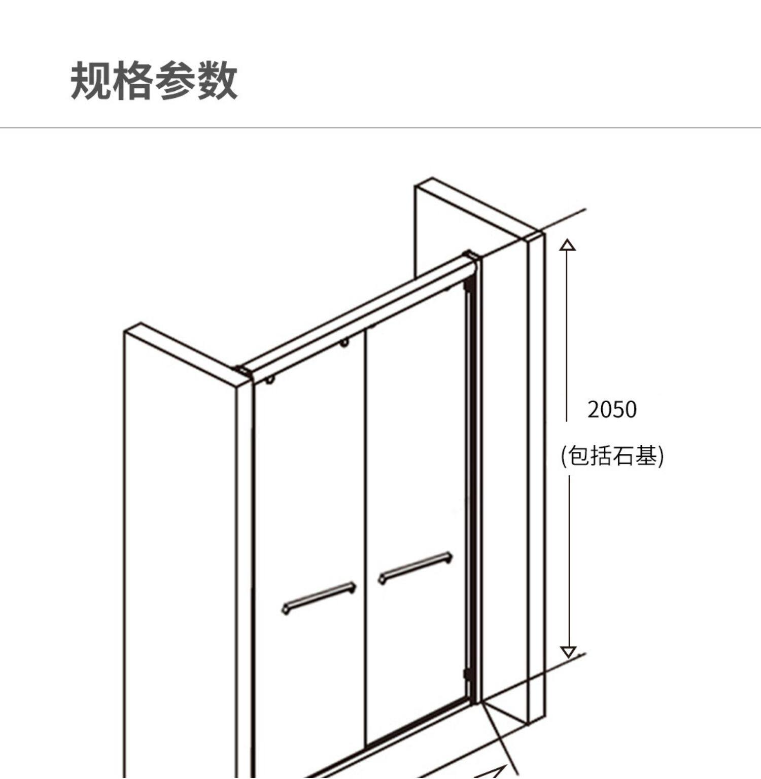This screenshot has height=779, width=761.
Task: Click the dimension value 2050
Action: click(612, 409)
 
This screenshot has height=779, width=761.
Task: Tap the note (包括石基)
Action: click(612, 455)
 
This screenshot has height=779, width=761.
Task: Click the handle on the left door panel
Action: click(319, 598)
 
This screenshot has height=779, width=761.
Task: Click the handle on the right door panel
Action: click(416, 568)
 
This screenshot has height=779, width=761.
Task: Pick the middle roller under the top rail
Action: click(344, 343)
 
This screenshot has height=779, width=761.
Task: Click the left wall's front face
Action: click(180, 558)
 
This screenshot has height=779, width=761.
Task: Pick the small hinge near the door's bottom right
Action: click(467, 674)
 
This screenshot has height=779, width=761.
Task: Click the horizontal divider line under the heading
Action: click(380, 128)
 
